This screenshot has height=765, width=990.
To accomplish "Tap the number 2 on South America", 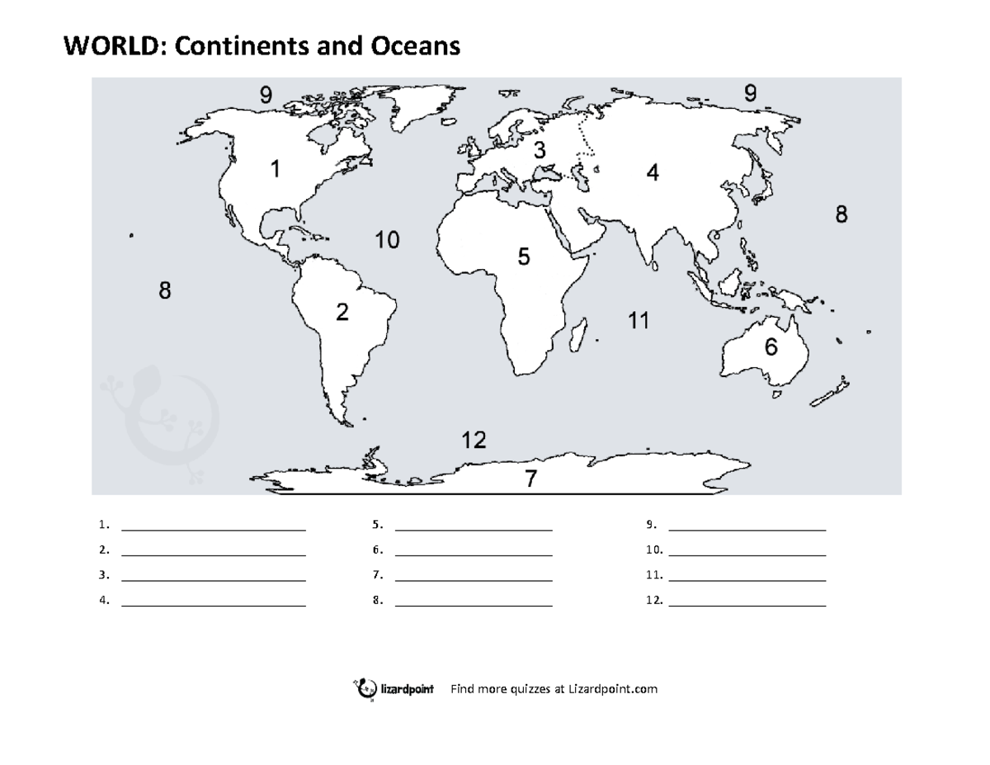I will click(342, 313).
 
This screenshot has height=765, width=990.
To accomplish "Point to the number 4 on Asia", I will click(653, 174).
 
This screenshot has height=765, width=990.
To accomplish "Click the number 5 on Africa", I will click(524, 257).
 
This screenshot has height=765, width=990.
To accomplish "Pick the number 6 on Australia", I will click(770, 347).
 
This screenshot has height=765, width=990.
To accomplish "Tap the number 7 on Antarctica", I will click(531, 479).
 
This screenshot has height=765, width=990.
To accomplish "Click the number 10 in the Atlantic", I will click(387, 241).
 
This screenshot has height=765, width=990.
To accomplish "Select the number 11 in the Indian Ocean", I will click(638, 321).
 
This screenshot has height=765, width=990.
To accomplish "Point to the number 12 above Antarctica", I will click(474, 441).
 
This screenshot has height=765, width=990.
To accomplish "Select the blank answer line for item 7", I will click(474, 581).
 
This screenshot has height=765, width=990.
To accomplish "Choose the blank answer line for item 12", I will click(747, 607).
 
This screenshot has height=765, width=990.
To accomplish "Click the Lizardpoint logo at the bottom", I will click(395, 689).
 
